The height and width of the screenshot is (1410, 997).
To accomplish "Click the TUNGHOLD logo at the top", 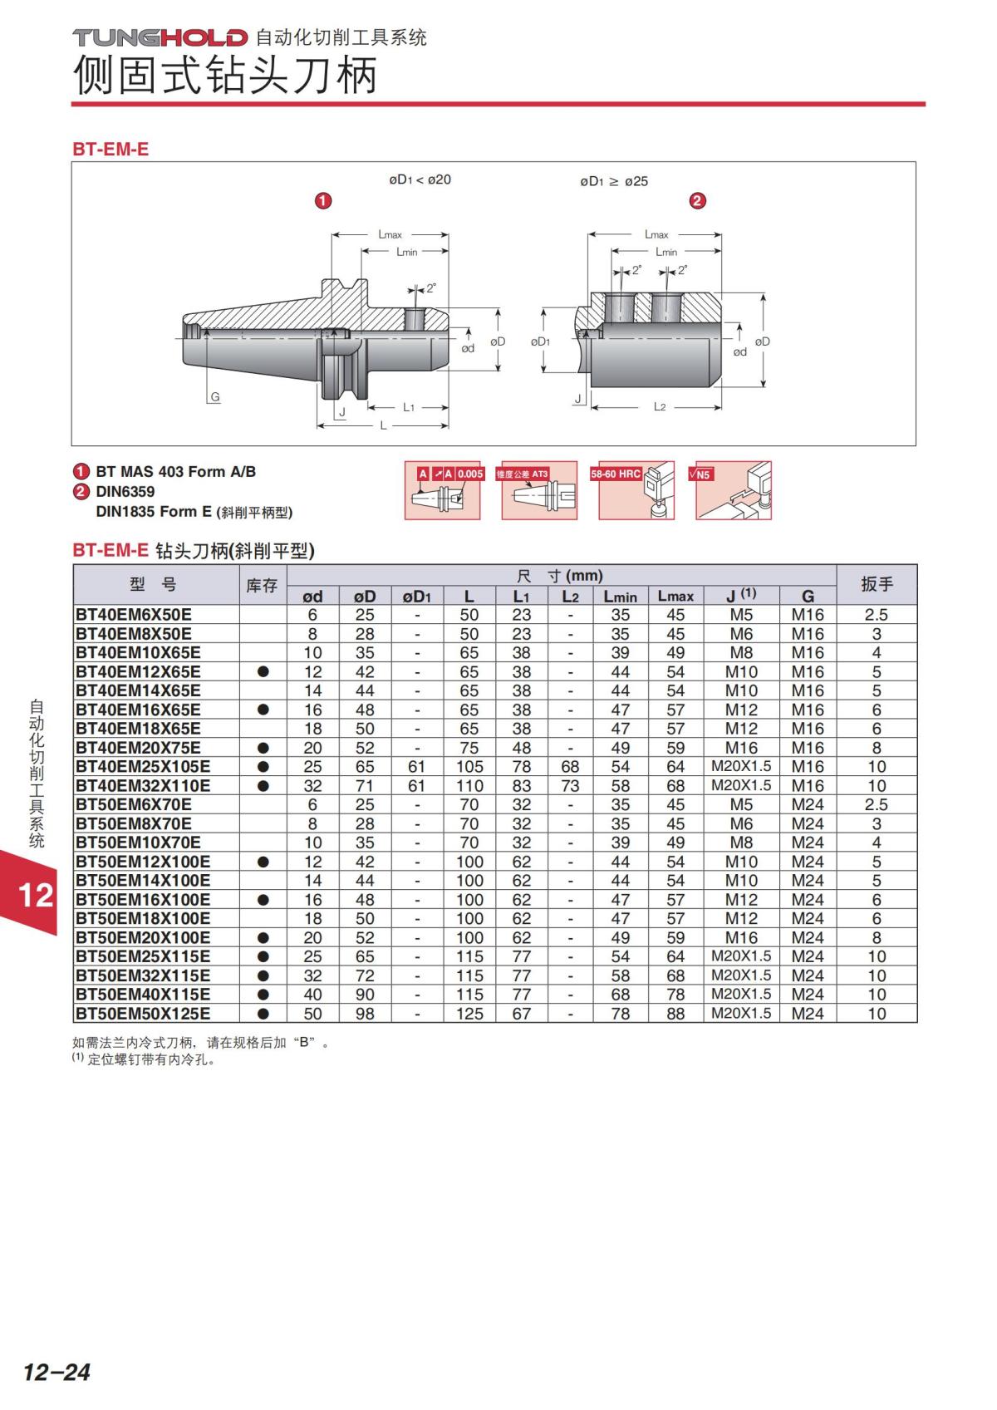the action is point(160,37).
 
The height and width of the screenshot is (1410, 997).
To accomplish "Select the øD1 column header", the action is point(417,596).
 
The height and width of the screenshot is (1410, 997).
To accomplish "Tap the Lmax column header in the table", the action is point(675,596).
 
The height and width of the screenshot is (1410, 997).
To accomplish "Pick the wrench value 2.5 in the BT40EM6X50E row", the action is point(877,615).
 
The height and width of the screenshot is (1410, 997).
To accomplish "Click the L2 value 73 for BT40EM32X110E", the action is point(570,785).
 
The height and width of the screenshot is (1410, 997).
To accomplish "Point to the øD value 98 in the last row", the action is point(365,1014).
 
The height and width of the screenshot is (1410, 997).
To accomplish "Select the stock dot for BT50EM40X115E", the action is point(263,995).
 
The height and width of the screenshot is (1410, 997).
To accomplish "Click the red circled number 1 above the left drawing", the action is point(323,201).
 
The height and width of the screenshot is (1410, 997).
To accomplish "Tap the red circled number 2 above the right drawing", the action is point(697,201).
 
